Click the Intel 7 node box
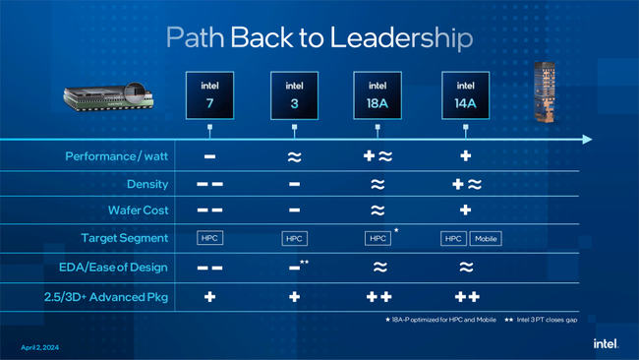(x=209, y=95)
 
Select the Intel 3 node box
(x=294, y=95)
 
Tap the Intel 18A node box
(x=378, y=95)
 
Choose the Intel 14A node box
(x=465, y=95)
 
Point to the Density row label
(x=147, y=184)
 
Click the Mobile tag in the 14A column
(x=486, y=239)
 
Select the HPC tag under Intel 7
(x=209, y=238)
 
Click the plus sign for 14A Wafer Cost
(x=466, y=210)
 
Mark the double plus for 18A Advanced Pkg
(x=378, y=296)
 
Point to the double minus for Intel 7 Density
(x=209, y=184)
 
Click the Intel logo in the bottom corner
(x=605, y=344)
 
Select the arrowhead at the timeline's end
(x=587, y=140)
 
